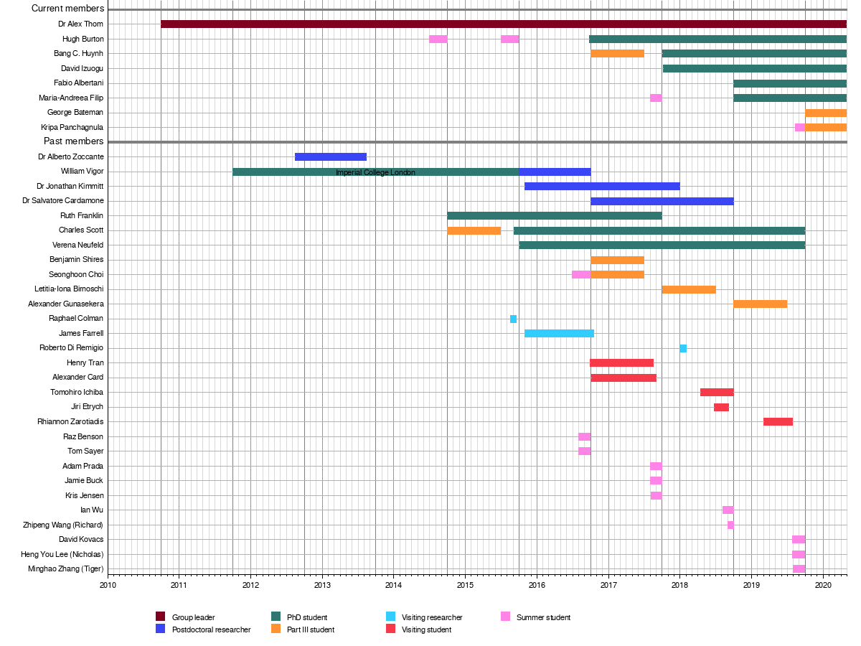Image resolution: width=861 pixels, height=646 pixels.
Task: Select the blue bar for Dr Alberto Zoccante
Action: (331, 156)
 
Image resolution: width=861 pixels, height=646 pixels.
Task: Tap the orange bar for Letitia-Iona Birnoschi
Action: (689, 289)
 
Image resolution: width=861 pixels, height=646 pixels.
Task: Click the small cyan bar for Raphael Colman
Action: (513, 319)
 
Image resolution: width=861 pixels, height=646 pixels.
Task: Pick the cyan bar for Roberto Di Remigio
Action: (683, 348)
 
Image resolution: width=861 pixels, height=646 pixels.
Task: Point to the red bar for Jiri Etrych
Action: (721, 407)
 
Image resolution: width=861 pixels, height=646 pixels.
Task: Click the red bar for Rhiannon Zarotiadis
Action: (778, 421)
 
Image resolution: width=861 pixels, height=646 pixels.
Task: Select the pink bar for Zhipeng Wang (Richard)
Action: (730, 525)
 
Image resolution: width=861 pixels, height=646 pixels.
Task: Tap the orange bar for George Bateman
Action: (826, 113)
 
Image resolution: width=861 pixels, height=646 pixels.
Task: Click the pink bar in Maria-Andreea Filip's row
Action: (656, 98)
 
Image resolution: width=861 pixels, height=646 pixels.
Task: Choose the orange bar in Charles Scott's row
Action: (474, 230)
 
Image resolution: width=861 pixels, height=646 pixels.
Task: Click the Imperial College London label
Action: (375, 172)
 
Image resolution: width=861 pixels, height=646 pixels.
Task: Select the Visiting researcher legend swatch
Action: (391, 617)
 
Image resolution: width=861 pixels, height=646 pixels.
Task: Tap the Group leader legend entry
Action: (193, 617)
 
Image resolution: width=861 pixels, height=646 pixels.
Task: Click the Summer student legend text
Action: (543, 617)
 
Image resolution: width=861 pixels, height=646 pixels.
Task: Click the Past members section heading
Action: (74, 141)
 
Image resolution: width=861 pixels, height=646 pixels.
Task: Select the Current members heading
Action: (67, 9)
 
